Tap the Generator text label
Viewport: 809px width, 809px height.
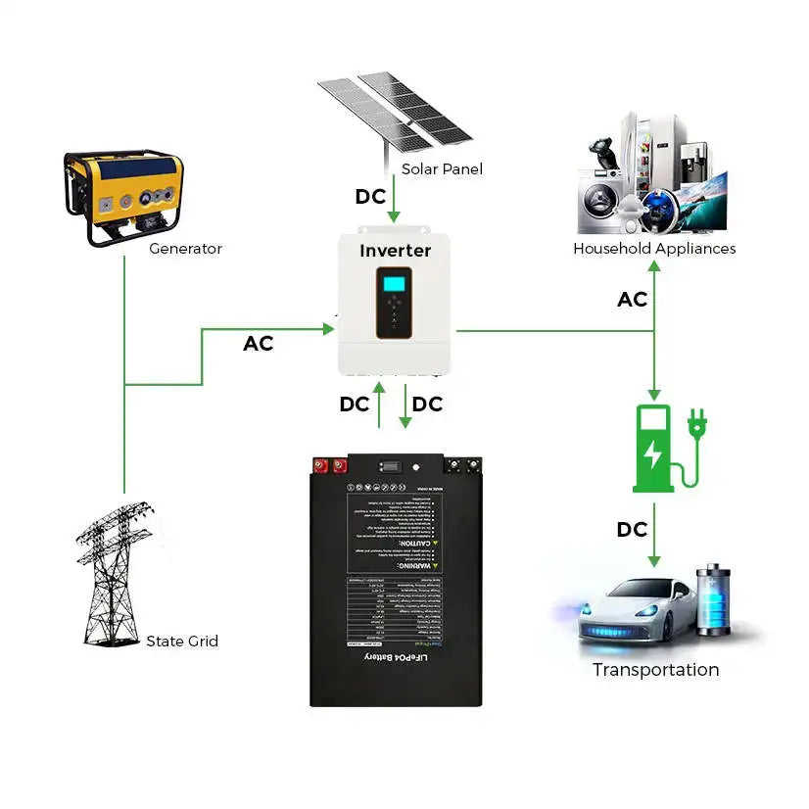185,249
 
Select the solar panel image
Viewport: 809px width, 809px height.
396,109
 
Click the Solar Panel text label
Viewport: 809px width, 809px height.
442,169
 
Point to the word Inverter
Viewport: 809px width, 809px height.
395,251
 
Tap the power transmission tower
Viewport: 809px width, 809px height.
116,573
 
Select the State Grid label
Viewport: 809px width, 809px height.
181,642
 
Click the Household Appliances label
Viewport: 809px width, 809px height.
653,249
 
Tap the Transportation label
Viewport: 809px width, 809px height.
655,670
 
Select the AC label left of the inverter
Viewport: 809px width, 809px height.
258,344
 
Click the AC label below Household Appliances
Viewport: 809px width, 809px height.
632,300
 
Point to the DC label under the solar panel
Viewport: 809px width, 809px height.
370,197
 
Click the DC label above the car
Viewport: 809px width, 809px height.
632,530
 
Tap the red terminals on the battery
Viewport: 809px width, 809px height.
329,466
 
